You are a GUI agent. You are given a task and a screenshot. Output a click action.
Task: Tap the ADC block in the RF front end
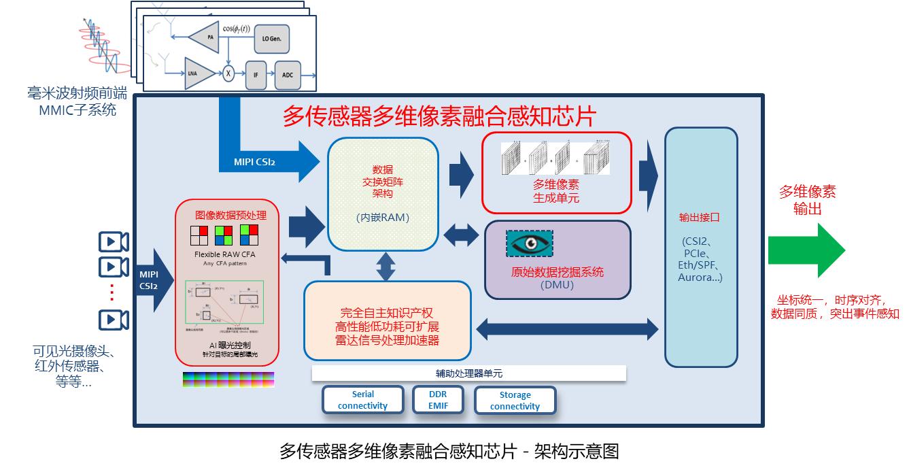click(x=288, y=75)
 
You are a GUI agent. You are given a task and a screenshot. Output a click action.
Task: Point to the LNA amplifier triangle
click(x=199, y=73)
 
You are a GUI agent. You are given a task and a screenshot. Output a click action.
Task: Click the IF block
click(x=256, y=75)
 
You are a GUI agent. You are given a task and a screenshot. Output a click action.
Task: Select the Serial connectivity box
click(x=363, y=400)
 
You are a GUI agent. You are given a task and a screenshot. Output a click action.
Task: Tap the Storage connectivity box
click(x=515, y=401)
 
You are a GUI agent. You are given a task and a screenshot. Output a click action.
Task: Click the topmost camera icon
click(x=114, y=241)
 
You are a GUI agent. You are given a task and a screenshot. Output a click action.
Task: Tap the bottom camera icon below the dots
click(x=114, y=320)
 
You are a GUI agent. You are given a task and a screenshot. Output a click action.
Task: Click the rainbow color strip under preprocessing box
click(x=228, y=380)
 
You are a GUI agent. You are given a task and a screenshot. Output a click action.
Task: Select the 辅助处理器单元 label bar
click(x=469, y=373)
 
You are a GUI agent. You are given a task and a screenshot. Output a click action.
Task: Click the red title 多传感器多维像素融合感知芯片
click(x=439, y=116)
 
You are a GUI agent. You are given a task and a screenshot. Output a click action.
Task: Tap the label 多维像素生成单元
click(x=556, y=191)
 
